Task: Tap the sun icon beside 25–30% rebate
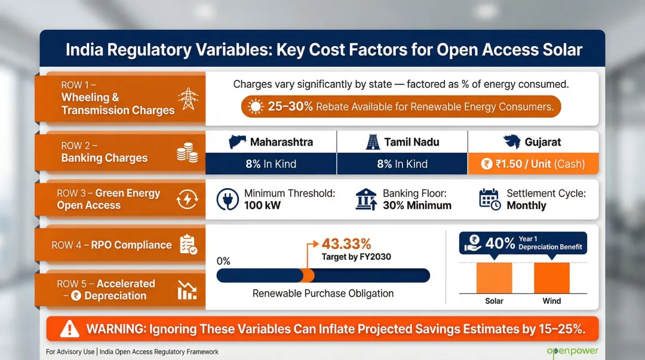pyautogui.click(x=256, y=107)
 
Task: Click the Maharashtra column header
pyautogui.click(x=271, y=142)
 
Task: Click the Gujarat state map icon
pyautogui.click(x=512, y=142)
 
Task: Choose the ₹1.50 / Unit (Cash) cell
pyautogui.click(x=533, y=164)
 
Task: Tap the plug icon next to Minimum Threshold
pyautogui.click(x=229, y=199)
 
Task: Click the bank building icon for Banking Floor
pyautogui.click(x=365, y=199)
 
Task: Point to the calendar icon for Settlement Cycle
pyautogui.click(x=490, y=199)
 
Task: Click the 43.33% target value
pyautogui.click(x=346, y=244)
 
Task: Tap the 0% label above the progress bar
pyautogui.click(x=223, y=261)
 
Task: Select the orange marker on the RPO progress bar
pyautogui.click(x=308, y=275)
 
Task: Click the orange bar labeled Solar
pyautogui.click(x=494, y=278)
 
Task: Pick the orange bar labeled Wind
pyautogui.click(x=551, y=278)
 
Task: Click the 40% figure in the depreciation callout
pyautogui.click(x=500, y=243)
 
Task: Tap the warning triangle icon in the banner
pyautogui.click(x=70, y=328)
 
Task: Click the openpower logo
pyautogui.click(x=572, y=352)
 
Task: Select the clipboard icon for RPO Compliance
pyautogui.click(x=188, y=245)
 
